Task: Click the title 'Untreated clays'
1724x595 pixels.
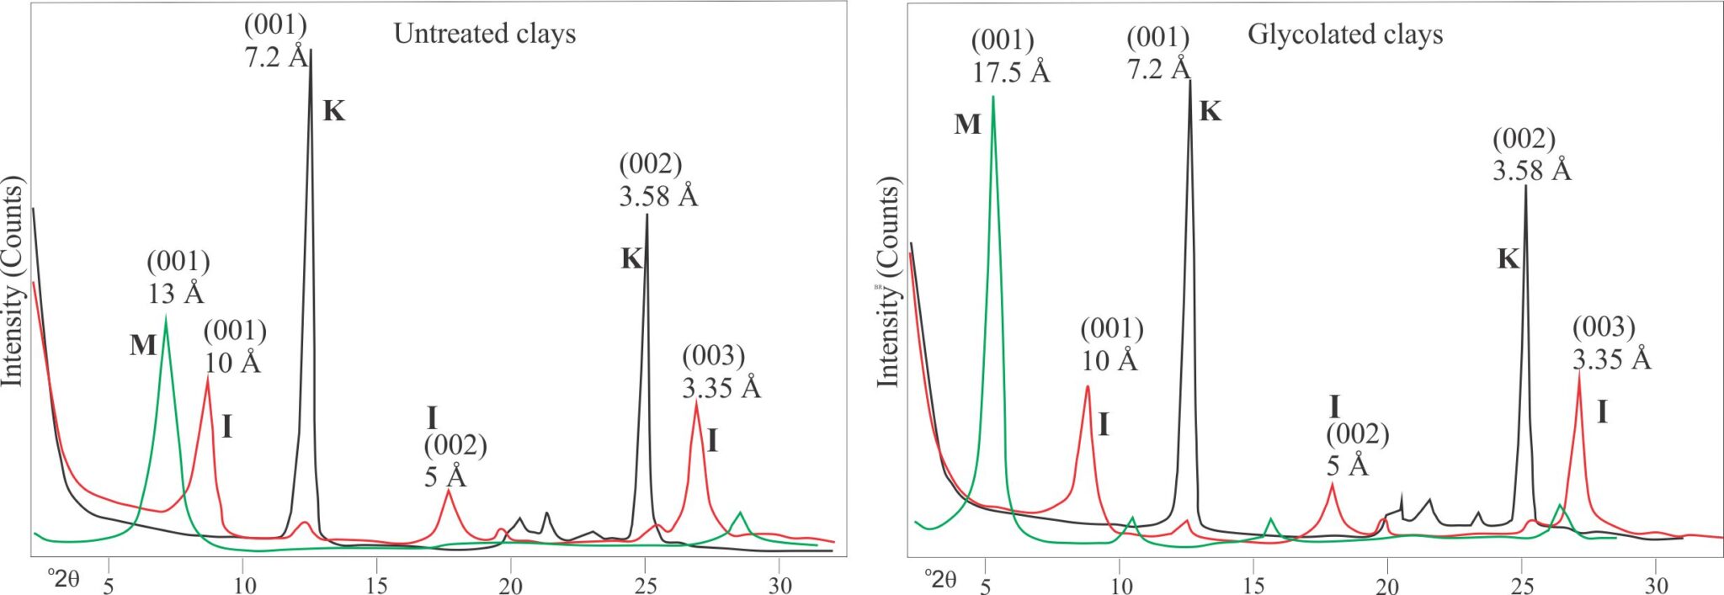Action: [x=485, y=34]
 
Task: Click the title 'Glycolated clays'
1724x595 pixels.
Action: [x=1344, y=35]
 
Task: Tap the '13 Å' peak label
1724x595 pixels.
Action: [x=175, y=294]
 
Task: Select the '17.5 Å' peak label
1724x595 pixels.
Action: [x=1010, y=72]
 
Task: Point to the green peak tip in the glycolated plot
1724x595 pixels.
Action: [x=993, y=96]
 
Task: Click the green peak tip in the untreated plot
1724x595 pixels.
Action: [x=166, y=316]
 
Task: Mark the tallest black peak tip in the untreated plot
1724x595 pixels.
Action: [x=311, y=50]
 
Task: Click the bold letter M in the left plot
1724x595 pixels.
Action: [x=143, y=345]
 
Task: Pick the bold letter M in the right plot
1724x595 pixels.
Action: [x=967, y=125]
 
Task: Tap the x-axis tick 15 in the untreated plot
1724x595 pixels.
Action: [x=377, y=584]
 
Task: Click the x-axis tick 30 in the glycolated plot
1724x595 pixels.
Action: [x=1656, y=584]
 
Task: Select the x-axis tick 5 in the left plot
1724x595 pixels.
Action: [x=109, y=584]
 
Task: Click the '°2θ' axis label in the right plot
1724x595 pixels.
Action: [x=939, y=579]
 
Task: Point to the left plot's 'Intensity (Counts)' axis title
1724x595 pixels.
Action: [x=13, y=282]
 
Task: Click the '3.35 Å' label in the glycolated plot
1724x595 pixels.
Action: [x=1611, y=359]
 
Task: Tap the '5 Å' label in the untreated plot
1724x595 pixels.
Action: [x=444, y=477]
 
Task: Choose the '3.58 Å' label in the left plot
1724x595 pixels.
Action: [x=657, y=196]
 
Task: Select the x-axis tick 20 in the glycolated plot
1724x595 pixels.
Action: [x=1387, y=584]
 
